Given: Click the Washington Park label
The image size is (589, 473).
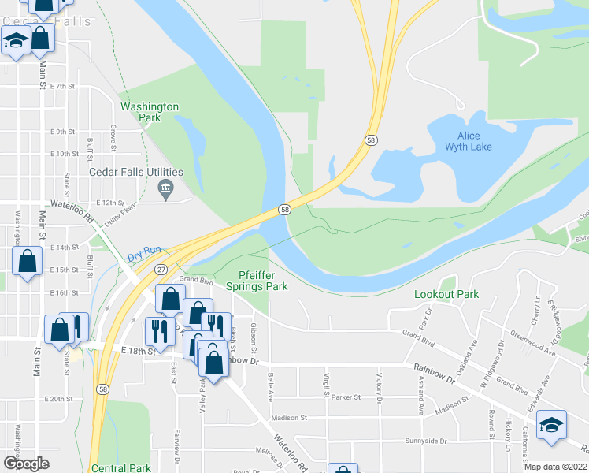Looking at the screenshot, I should tap(149, 112).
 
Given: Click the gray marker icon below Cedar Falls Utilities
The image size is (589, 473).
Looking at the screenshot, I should tap(165, 188).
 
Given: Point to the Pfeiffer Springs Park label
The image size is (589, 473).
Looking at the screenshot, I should tap(263, 281).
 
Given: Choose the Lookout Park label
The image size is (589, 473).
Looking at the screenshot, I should tap(446, 294).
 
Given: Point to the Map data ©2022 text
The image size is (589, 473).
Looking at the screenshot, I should tap(556, 467).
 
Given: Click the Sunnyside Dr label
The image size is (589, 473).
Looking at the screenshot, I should tap(425, 441).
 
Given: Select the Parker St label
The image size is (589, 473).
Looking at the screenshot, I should tap(345, 397).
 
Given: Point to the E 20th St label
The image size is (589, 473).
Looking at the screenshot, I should tap(58, 400).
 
